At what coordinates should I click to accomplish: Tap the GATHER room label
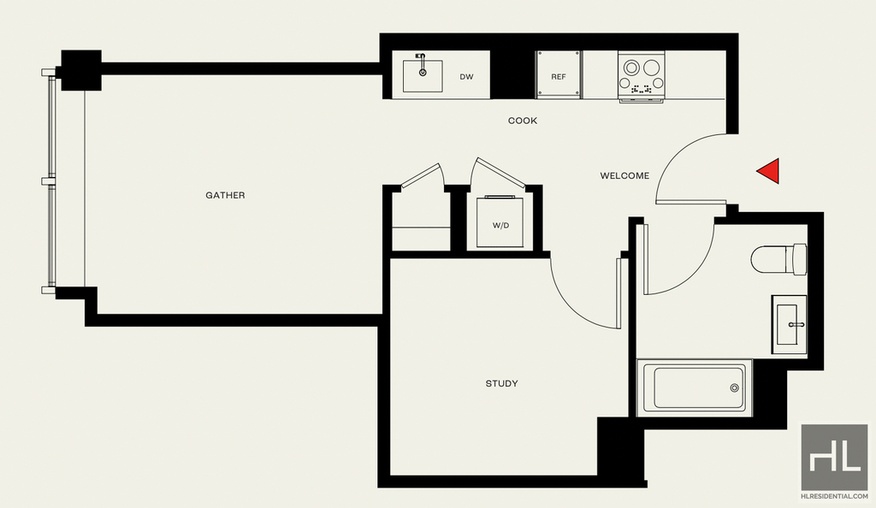pos(225,195)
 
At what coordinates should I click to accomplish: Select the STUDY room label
pos(501,383)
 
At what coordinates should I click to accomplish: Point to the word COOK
pos(523,121)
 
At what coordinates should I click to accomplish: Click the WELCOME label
pos(624,176)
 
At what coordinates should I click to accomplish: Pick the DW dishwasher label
pos(466,77)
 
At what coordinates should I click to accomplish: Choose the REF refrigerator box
pos(558,74)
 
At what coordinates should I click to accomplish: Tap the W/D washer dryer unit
pos(500,222)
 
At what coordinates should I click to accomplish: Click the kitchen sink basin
pos(423,76)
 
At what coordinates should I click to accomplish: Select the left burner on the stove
pos(631,68)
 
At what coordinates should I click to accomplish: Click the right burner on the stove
pos(651,68)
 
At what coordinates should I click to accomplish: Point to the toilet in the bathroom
pos(778,259)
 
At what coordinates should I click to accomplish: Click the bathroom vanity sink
pos(789,324)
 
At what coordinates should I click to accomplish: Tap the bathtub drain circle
pos(734,388)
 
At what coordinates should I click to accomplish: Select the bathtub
pos(695,388)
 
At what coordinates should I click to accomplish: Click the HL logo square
pos(834,458)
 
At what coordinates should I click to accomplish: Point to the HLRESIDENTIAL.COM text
pos(834,496)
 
